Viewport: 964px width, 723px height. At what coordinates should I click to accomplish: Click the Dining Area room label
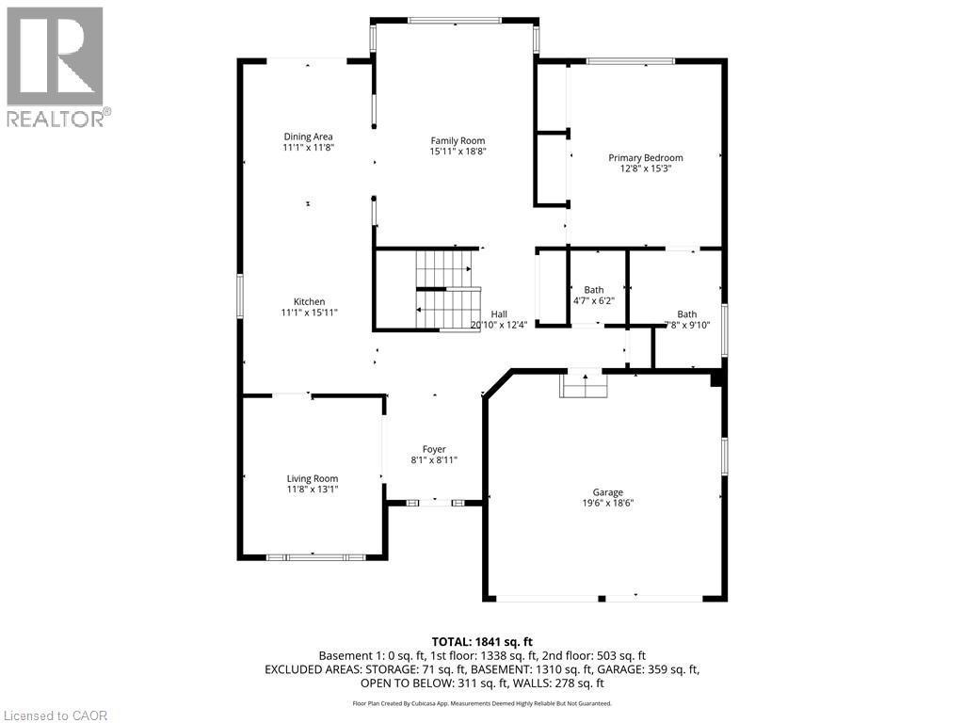click(308, 137)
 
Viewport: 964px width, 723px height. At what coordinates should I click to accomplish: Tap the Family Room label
click(458, 140)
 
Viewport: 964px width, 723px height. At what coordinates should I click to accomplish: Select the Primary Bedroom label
click(645, 158)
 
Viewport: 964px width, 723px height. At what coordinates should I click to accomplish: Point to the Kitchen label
click(308, 301)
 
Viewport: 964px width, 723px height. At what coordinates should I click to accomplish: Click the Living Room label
click(312, 478)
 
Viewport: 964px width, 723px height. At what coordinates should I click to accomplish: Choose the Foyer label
click(434, 449)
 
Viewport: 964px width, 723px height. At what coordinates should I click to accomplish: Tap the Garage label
click(607, 492)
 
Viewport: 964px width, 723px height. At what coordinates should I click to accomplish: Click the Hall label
click(499, 314)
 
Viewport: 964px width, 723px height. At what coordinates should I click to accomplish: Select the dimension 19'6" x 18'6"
click(607, 504)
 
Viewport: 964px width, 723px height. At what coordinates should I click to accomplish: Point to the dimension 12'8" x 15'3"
click(645, 169)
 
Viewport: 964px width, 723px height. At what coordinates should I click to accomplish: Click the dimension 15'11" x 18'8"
click(458, 152)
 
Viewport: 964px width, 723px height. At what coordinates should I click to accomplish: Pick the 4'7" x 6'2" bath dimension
click(593, 301)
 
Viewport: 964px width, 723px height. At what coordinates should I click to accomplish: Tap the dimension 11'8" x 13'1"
click(312, 490)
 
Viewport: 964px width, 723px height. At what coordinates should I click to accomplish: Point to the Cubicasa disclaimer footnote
click(482, 703)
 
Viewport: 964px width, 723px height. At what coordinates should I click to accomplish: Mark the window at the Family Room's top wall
click(455, 20)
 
